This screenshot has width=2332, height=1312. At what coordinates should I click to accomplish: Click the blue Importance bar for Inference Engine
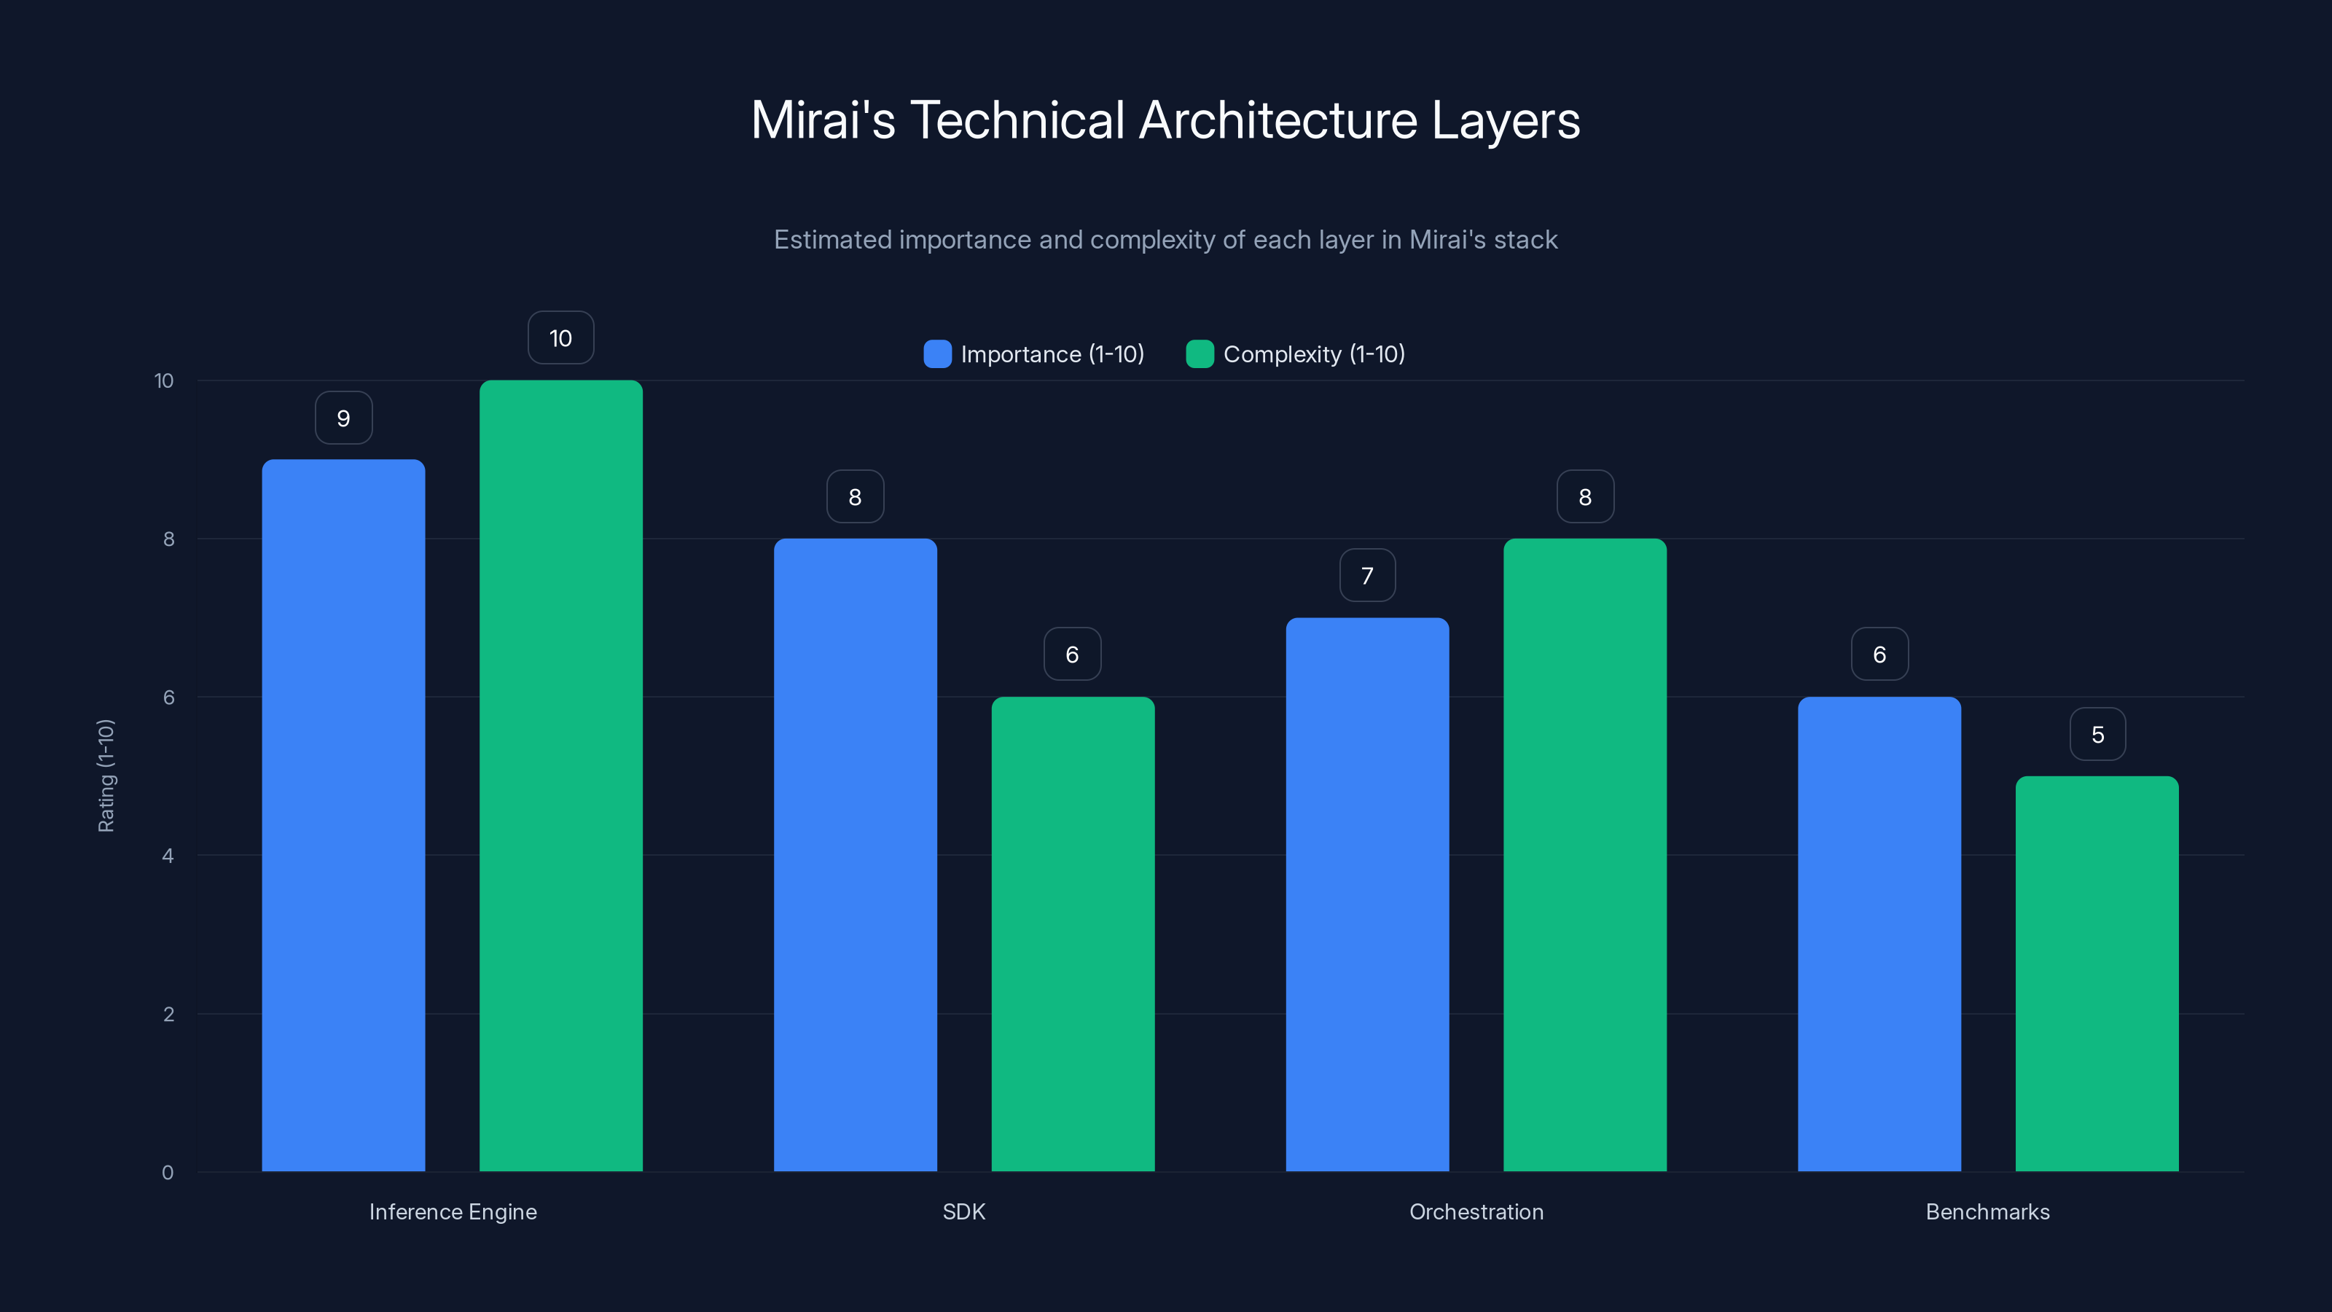[343, 815]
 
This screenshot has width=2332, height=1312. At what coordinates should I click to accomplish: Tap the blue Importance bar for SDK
[855, 855]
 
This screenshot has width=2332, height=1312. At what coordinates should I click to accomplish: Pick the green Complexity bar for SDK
[1073, 934]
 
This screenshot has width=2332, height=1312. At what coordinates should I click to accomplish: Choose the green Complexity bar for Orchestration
[1584, 855]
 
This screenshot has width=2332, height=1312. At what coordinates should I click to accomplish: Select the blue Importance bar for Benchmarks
[1879, 934]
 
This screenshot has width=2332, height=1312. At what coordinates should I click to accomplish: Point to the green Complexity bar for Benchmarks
[2097, 973]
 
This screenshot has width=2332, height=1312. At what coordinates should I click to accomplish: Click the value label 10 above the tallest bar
[560, 337]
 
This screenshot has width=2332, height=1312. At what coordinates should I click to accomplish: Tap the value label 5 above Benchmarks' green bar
[2097, 734]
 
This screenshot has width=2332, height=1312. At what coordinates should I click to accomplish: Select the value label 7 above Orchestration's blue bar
[1367, 575]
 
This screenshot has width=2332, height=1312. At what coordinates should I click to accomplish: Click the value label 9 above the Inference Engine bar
[343, 418]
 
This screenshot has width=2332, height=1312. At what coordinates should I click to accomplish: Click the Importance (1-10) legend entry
[1051, 354]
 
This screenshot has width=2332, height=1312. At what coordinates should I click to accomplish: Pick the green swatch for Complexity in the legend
[1200, 354]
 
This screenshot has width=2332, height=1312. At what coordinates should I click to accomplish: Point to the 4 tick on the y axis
[168, 856]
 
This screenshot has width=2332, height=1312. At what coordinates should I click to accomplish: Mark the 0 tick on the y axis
[168, 1173]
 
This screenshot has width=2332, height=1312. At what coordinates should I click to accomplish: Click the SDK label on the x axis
[963, 1211]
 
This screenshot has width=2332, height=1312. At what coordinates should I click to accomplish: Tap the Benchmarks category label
[1987, 1211]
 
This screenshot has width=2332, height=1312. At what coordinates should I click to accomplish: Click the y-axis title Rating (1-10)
[106, 776]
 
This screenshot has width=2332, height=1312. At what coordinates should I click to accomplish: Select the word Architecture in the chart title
[1277, 120]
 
